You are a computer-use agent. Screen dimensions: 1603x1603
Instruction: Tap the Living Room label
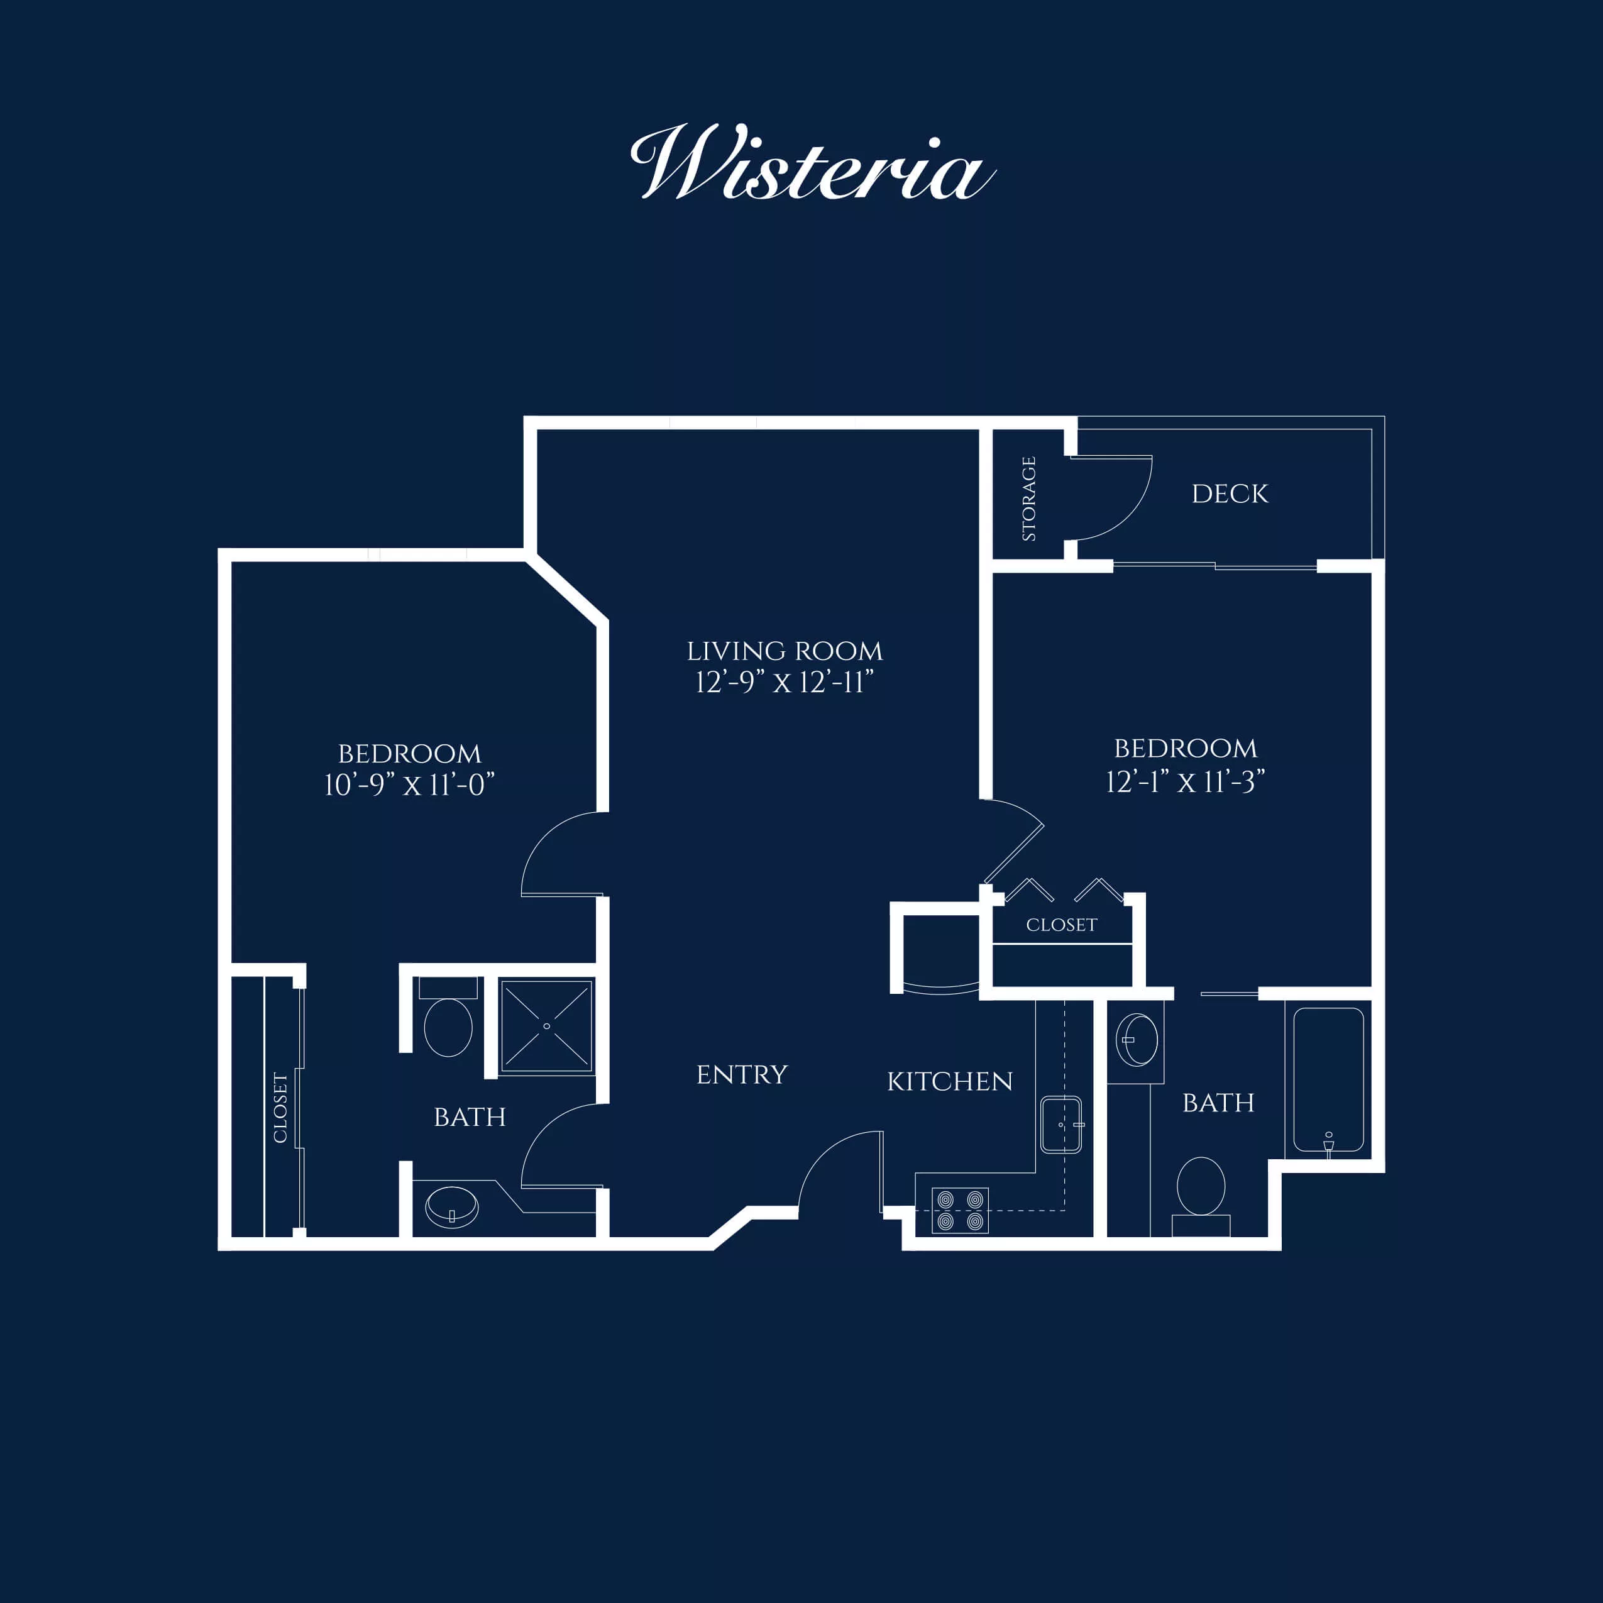(784, 651)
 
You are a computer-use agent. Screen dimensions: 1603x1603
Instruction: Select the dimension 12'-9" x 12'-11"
(784, 683)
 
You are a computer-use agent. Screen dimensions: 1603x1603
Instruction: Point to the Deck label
(1230, 493)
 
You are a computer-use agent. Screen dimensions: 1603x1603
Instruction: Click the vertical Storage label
(1029, 499)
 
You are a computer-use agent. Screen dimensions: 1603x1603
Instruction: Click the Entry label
(742, 1074)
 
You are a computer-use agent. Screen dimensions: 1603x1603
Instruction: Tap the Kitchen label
(950, 1082)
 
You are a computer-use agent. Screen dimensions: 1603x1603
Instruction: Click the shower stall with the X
(546, 1027)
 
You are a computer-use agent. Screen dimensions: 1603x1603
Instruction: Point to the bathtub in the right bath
(1328, 1079)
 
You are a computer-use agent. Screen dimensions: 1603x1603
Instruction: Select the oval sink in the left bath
(451, 1207)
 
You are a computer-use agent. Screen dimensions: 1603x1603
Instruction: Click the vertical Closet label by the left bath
(280, 1108)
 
